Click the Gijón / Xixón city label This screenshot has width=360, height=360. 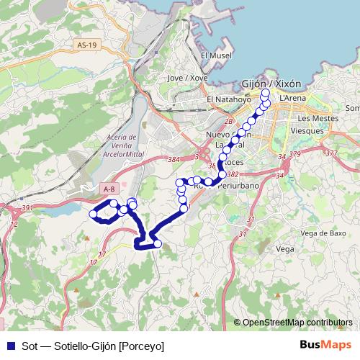tap(271, 84)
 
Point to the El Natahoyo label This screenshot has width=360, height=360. tap(228, 99)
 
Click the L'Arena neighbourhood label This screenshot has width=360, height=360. tap(292, 98)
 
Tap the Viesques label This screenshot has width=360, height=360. tap(307, 131)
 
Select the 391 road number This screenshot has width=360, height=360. tap(27, 208)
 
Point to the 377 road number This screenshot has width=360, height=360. tap(331, 153)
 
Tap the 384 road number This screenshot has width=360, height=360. tap(173, 159)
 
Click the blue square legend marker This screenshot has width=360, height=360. tap(9, 345)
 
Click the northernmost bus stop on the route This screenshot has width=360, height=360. tap(266, 93)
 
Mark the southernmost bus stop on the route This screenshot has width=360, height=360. tap(158, 244)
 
